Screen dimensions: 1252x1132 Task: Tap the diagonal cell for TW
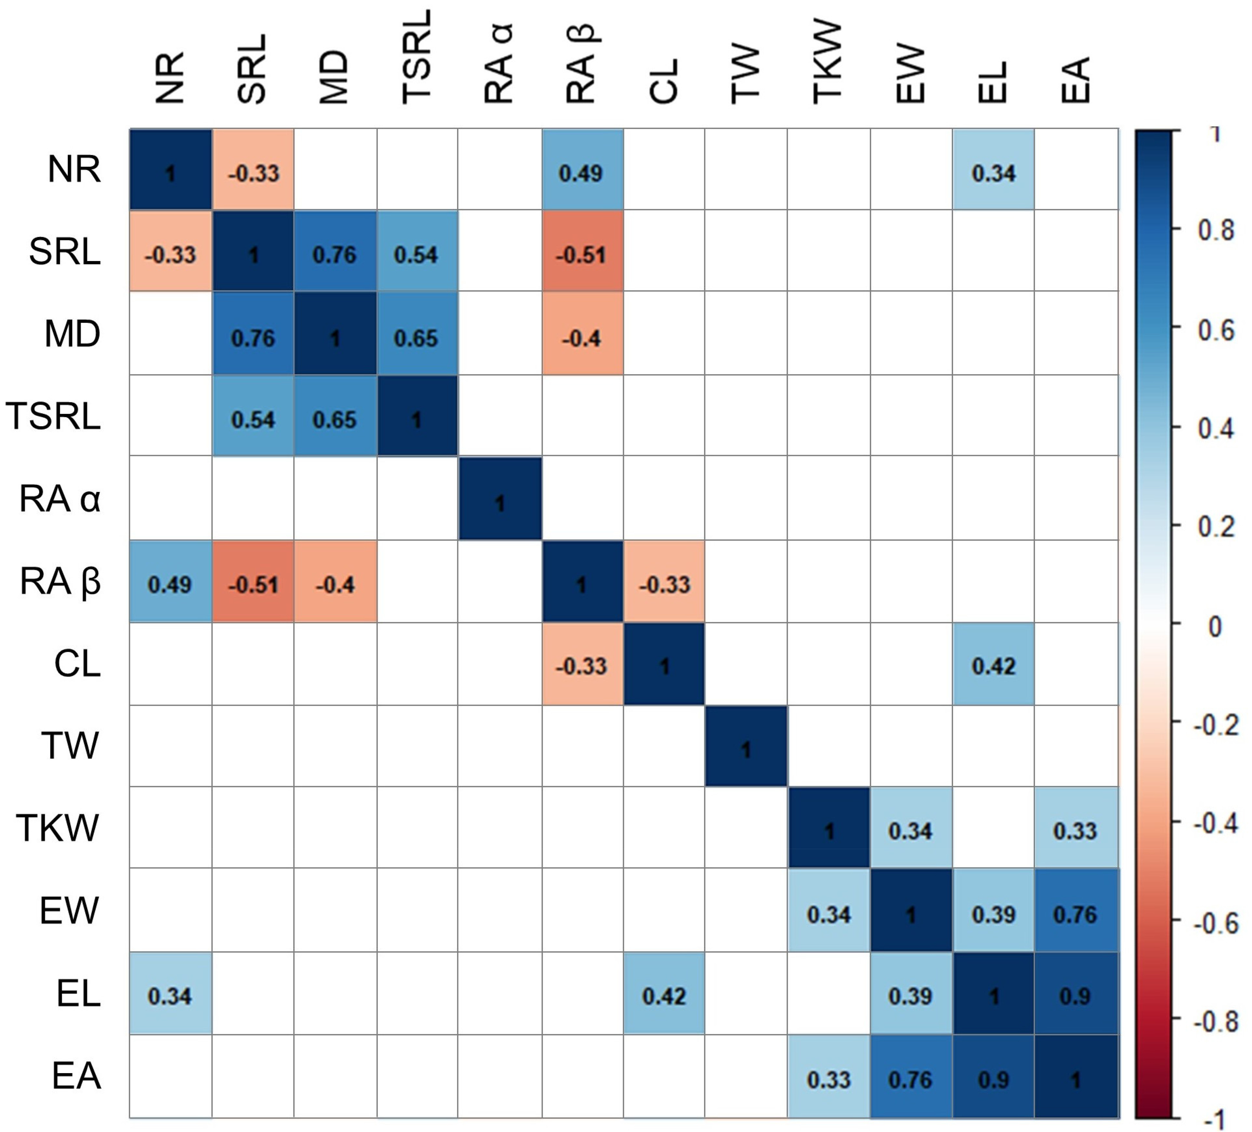tap(746, 745)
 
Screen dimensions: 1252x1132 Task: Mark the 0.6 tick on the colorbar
tap(1176, 327)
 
